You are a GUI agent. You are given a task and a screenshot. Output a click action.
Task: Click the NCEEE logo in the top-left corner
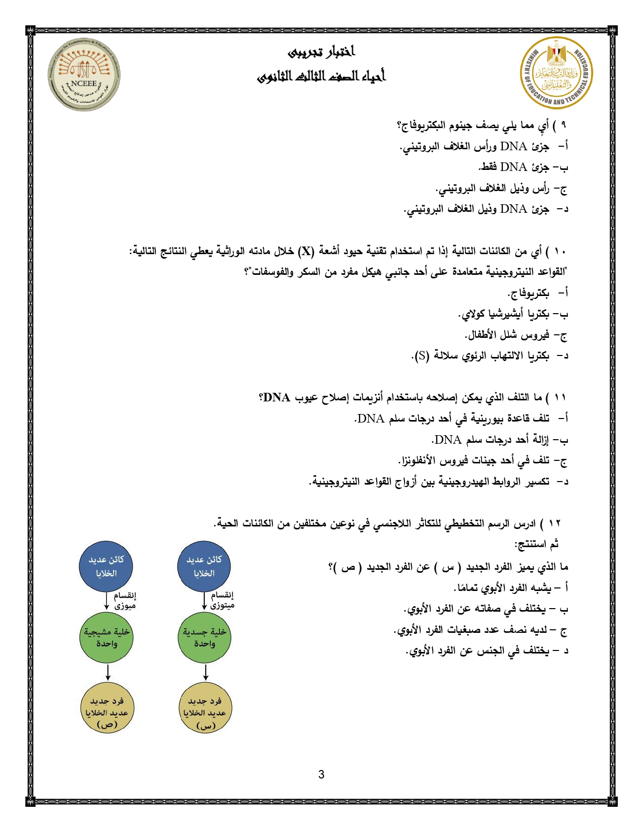click(84, 74)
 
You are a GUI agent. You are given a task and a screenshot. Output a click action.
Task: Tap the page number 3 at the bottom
click(321, 775)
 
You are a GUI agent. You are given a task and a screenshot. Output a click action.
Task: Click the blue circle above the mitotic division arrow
click(204, 566)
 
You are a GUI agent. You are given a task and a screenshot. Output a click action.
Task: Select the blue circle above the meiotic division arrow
click(106, 566)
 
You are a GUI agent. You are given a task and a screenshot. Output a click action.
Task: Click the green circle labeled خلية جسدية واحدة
click(204, 637)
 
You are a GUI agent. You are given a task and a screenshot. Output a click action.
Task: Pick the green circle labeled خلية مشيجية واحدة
click(106, 637)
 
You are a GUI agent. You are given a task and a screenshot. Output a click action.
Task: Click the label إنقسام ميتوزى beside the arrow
click(222, 600)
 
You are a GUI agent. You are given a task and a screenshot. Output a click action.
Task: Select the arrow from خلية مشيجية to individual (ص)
click(107, 673)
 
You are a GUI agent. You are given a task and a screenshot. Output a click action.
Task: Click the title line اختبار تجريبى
click(322, 52)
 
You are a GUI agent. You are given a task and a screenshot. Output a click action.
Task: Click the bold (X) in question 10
click(306, 251)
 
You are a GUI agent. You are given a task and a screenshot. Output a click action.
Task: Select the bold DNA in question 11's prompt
click(276, 398)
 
